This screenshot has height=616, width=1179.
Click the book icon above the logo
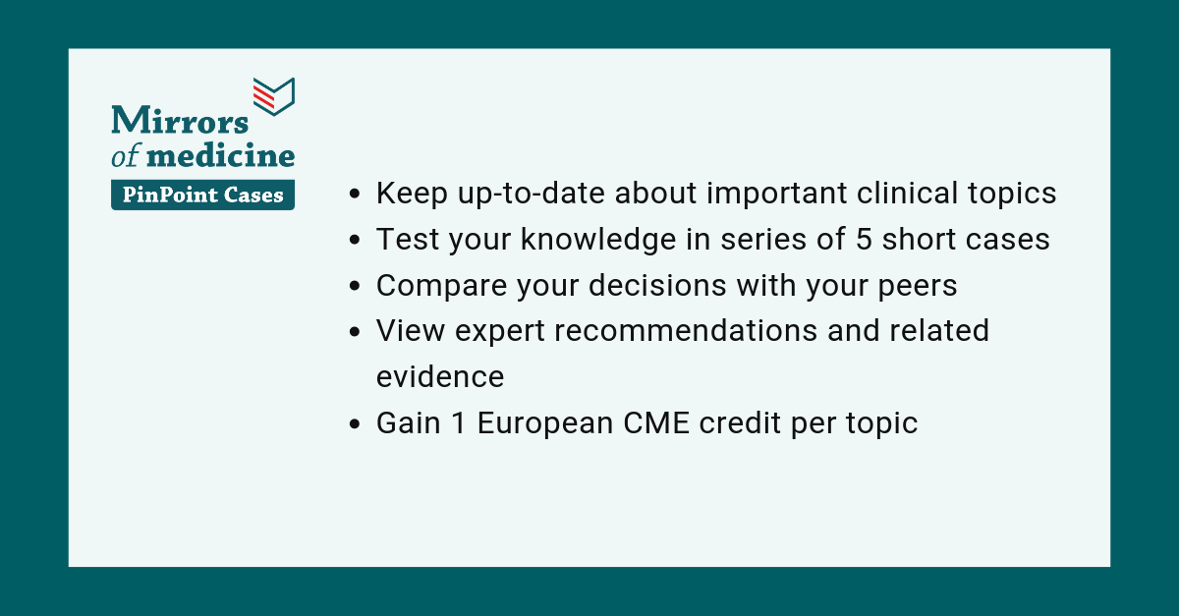click(x=274, y=96)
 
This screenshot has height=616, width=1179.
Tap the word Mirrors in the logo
click(x=180, y=120)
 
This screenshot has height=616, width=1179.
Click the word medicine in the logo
click(x=220, y=155)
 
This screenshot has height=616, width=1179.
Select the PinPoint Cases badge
click(x=202, y=195)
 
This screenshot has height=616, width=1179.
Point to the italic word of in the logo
click(x=126, y=155)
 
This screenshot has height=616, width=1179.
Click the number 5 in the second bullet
click(x=864, y=239)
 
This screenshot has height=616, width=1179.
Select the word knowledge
click(x=598, y=240)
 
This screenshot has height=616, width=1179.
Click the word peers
click(x=918, y=287)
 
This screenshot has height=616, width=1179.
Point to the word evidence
click(x=440, y=377)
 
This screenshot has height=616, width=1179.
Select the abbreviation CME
click(x=656, y=422)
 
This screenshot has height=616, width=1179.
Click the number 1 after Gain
click(x=459, y=422)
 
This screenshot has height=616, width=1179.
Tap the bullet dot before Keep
click(x=355, y=194)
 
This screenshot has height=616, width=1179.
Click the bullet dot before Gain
click(x=355, y=423)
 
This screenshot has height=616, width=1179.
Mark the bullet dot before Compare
click(x=355, y=287)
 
